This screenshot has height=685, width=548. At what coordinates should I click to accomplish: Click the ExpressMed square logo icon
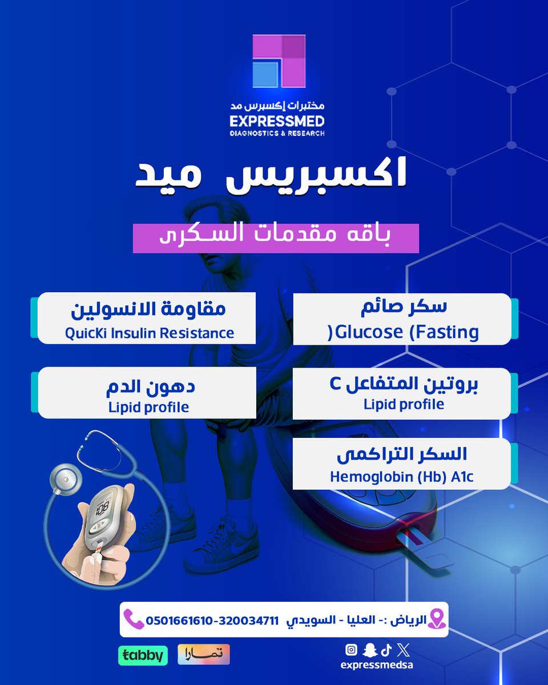coord(279,61)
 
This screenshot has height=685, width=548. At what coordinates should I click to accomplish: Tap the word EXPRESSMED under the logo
coord(277,121)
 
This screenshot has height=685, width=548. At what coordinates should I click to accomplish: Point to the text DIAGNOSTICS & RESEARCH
coord(277,133)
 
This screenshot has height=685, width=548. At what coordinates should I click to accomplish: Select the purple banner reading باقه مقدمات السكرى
coord(276,239)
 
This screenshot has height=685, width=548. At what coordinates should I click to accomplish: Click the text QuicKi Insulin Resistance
coord(149,333)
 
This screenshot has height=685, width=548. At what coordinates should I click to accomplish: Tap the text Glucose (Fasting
coord(406,332)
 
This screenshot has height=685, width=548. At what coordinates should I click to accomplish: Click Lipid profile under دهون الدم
coord(148,408)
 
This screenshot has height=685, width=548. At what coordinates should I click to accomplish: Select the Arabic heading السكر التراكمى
coord(402,454)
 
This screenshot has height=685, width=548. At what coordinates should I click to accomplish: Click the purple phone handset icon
coord(134,619)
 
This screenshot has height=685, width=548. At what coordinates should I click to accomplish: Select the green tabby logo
coord(143,655)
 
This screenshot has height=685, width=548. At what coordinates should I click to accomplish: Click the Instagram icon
coord(352,650)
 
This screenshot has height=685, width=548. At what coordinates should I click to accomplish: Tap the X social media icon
coord(404,650)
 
